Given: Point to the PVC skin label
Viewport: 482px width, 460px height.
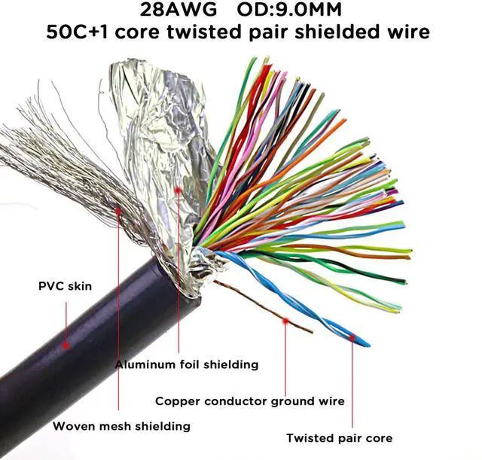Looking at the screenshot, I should (x=63, y=286).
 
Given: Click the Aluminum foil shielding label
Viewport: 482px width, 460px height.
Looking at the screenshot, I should (x=187, y=364).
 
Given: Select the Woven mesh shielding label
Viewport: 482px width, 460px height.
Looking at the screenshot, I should (x=121, y=426).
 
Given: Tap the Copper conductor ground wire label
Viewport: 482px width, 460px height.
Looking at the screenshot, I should (x=249, y=401).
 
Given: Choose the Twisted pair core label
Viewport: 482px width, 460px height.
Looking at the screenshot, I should (x=339, y=437).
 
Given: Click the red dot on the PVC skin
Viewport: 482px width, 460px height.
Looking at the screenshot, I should (x=66, y=346).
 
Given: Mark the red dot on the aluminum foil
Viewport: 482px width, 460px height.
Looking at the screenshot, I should (x=178, y=190).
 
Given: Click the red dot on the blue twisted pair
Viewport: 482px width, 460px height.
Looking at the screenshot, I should (x=352, y=338).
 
